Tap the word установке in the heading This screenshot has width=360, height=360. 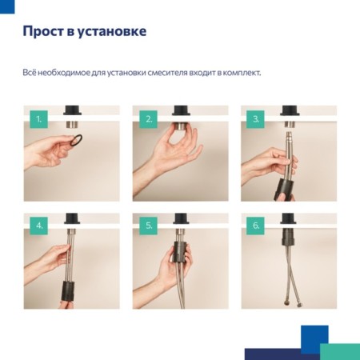pos(112,32)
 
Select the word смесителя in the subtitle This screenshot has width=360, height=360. pos(167,73)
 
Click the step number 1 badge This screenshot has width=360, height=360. pos(38,119)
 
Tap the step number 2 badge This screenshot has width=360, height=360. pos(148,119)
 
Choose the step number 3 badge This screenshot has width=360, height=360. pos(255,119)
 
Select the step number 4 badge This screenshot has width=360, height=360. pos(38,226)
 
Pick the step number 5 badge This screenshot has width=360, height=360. pos(148,226)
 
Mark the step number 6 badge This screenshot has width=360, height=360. pos(255,226)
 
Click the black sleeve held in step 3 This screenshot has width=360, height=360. pos(283,190)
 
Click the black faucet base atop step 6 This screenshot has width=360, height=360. pos(288,218)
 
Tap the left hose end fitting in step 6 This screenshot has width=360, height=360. pos(287,304)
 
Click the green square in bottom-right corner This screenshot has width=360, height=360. pos(340,351)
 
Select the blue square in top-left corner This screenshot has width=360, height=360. pos(7,6)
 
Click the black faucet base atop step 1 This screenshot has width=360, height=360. pos(72,110)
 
